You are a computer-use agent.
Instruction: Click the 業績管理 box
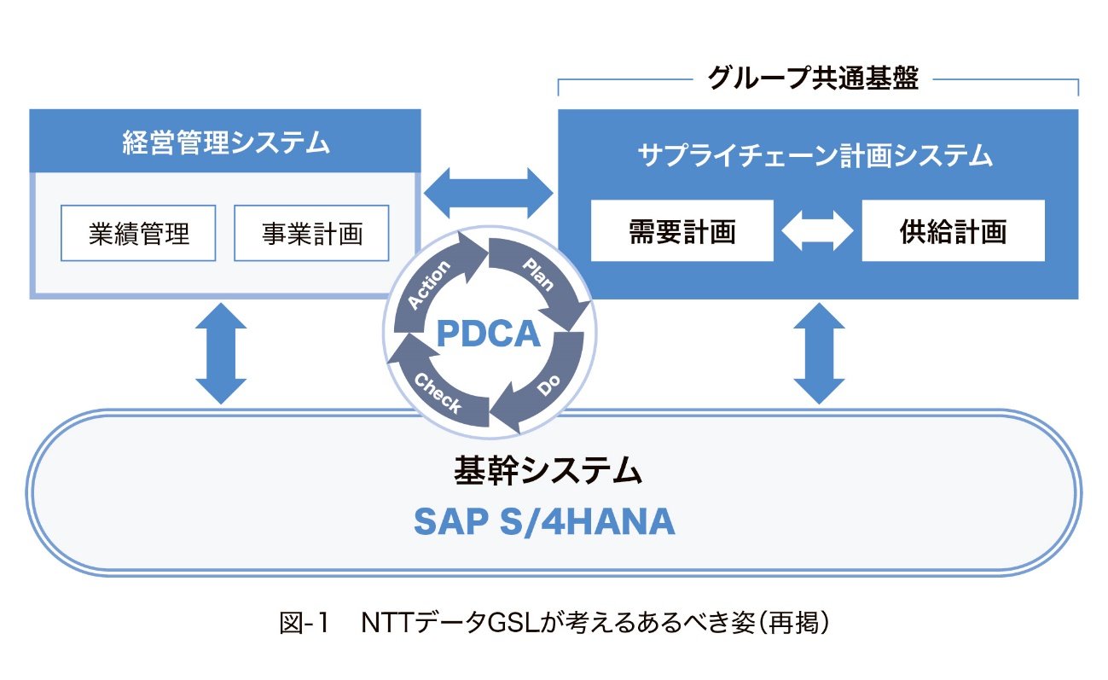pos(138,233)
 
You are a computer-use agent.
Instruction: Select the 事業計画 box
pos(311,233)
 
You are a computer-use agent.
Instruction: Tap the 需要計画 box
pos(682,231)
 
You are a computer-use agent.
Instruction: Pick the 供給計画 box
pos(953,231)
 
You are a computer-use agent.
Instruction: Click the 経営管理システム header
pos(225,142)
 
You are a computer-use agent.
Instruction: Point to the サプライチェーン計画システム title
pos(816,155)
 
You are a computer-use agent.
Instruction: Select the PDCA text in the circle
pos(488,334)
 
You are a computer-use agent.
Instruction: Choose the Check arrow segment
pos(436,391)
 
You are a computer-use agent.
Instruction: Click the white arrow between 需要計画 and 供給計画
pos(817,231)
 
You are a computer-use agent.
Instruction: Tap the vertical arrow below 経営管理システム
pos(221,352)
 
